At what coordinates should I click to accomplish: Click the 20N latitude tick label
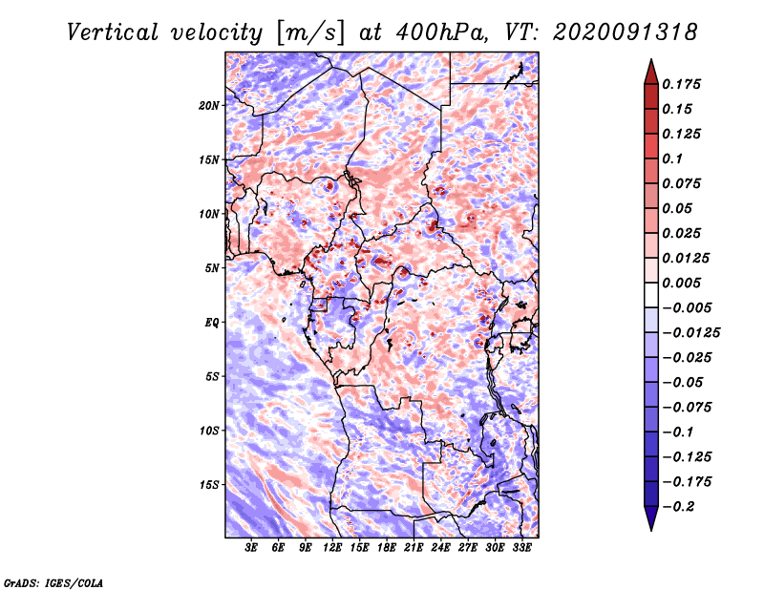coord(209,106)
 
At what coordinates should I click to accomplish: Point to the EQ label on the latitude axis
coord(212,323)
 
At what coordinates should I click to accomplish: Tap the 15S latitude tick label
coord(209,485)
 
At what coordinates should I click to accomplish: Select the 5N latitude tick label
coord(212,268)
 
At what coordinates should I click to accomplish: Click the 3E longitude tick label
coord(251,548)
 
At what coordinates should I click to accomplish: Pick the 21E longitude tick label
coord(414,548)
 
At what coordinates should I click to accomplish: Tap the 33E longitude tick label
coord(521,548)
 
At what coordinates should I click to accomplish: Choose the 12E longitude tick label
coord(332,548)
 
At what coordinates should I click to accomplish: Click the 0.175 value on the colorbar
coord(681,84)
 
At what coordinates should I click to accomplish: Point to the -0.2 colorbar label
coord(679,507)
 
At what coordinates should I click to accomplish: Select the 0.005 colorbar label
coord(681,283)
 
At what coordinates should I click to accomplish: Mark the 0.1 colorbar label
coord(672,158)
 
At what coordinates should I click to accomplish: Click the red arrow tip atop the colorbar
coord(651,59)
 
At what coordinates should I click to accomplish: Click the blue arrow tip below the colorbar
coord(651,530)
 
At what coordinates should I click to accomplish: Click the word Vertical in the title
coord(113,32)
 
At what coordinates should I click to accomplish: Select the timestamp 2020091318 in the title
coord(626,32)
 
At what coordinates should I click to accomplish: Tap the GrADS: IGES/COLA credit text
coord(53,582)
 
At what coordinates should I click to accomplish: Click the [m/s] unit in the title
coord(310,32)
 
